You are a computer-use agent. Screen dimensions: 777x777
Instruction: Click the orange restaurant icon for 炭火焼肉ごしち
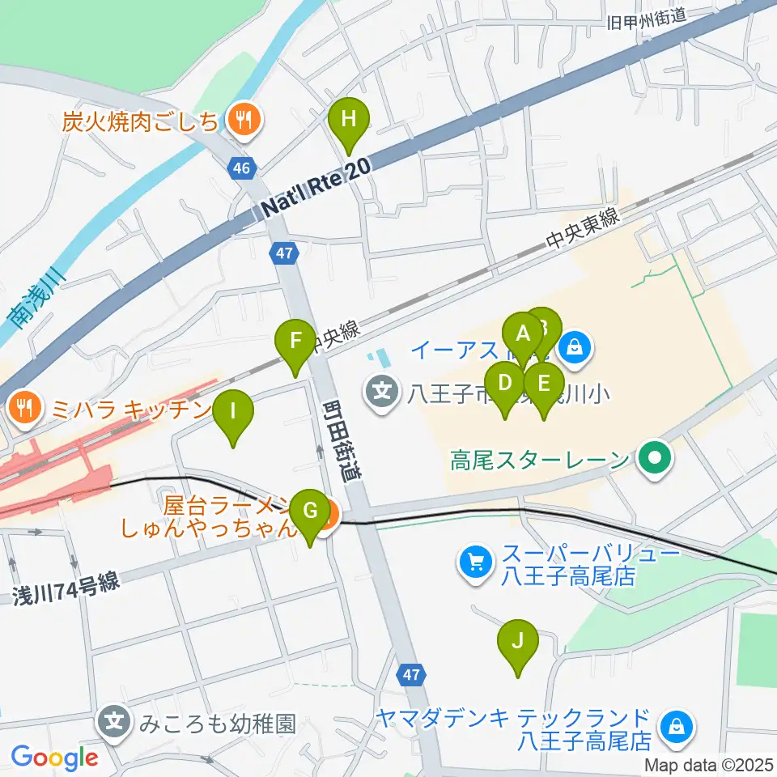(241, 121)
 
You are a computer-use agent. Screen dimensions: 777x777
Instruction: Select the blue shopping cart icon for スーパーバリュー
(474, 562)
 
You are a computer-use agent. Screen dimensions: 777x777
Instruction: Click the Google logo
(54, 758)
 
